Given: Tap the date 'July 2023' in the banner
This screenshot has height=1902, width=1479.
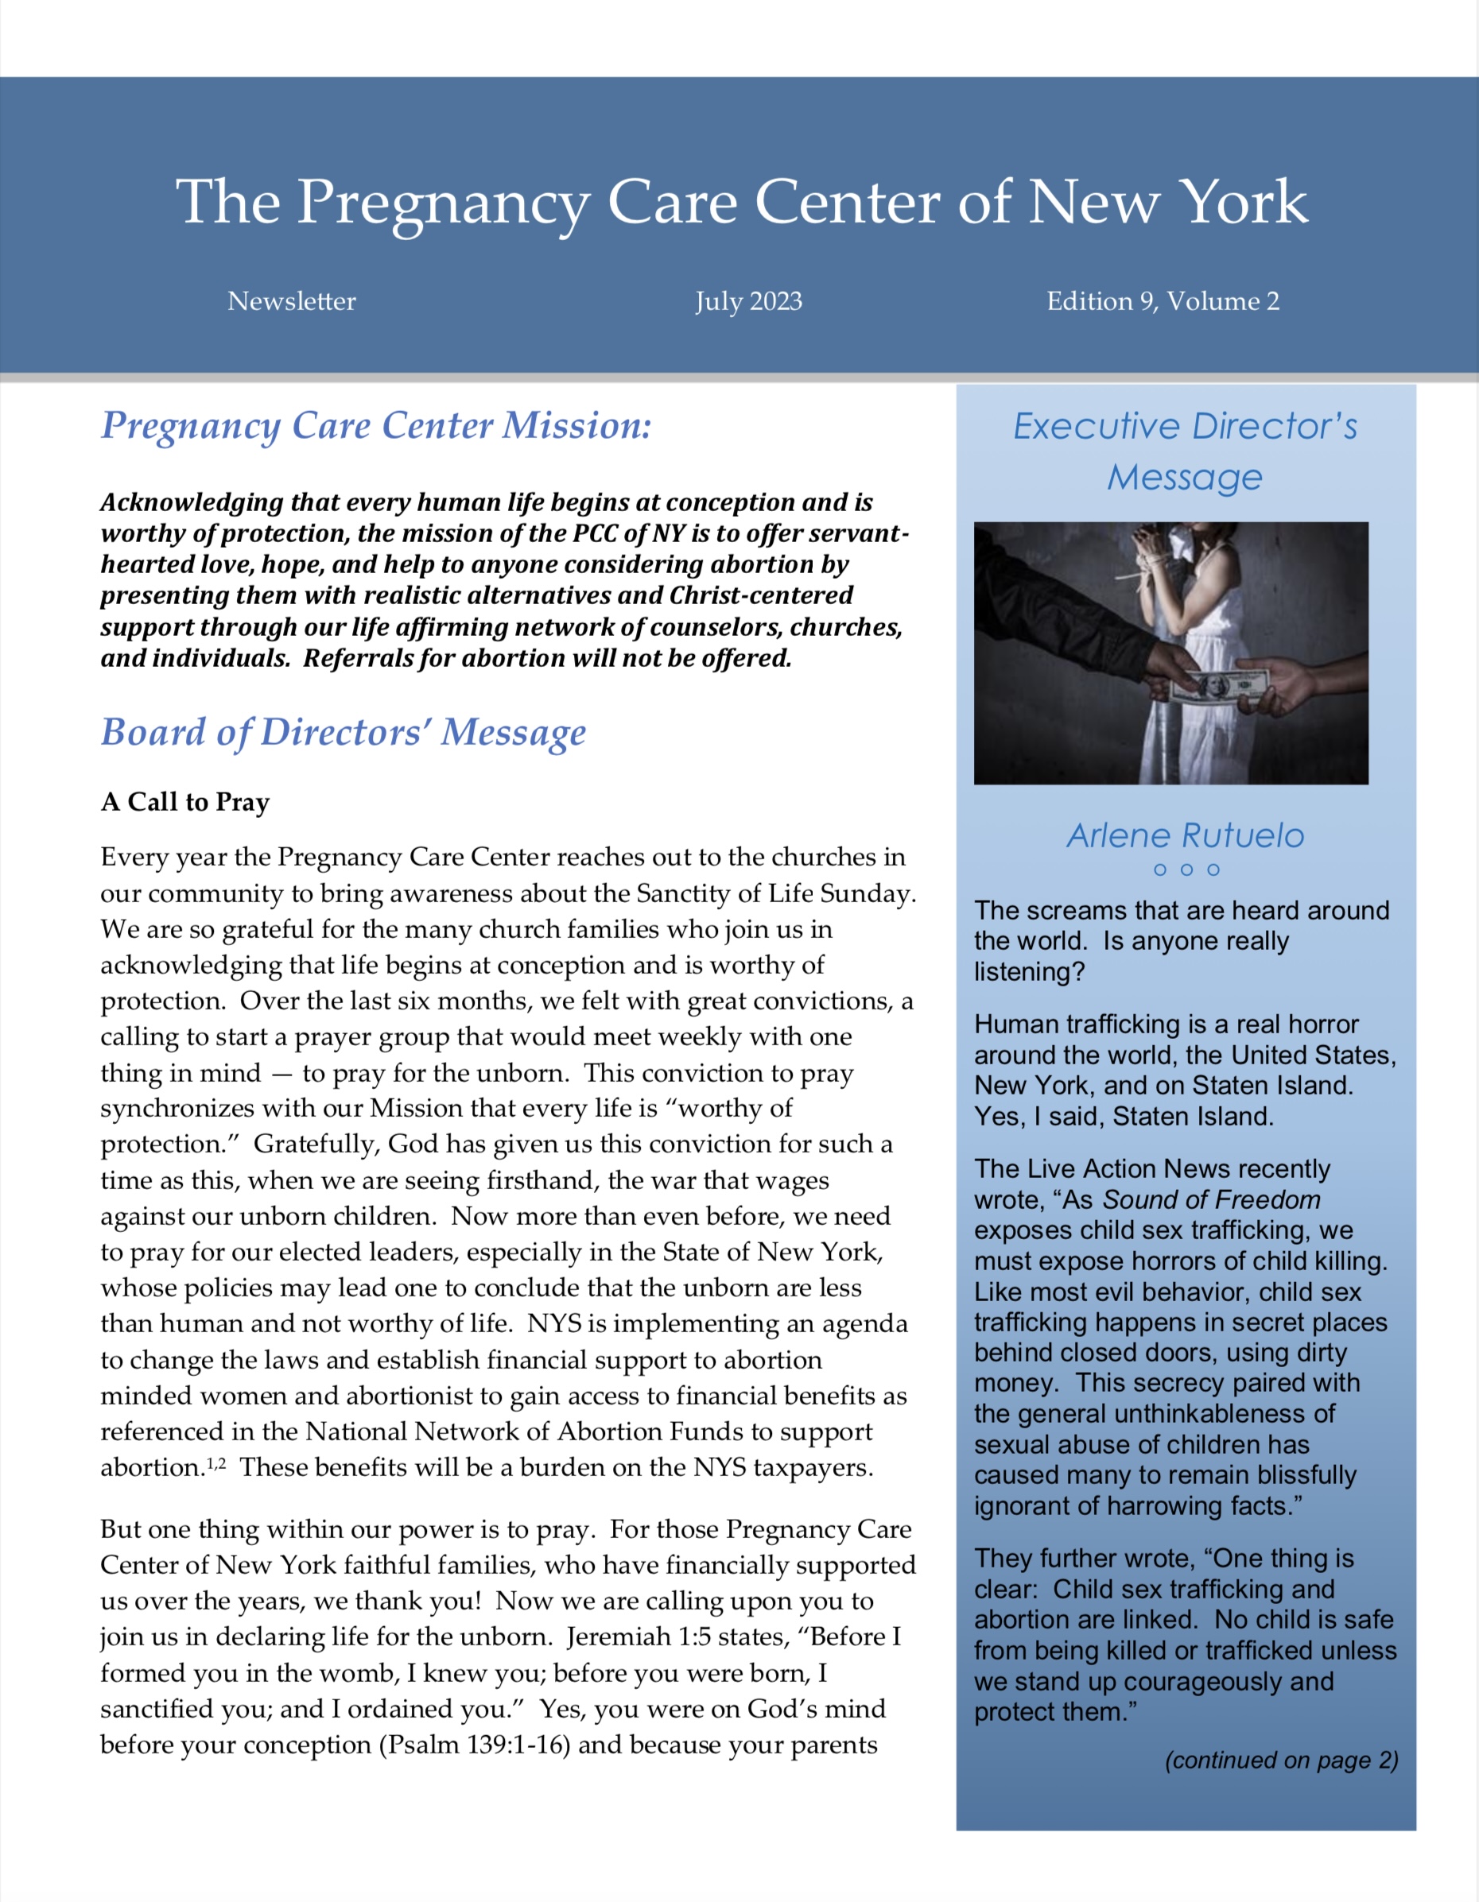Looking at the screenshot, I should pos(748,301).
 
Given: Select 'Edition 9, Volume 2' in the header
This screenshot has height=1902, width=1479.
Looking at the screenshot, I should pos(1163,301).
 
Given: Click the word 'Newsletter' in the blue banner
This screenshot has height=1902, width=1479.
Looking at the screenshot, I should pos(292,301).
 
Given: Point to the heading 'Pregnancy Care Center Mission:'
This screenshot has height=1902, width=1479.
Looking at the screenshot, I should pos(375,426).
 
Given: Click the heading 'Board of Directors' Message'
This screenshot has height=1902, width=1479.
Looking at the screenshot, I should pos(344,732).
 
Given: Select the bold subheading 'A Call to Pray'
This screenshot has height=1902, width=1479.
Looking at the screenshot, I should pos(184,801).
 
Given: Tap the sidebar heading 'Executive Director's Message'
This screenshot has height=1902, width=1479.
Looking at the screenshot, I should pos(1185,451).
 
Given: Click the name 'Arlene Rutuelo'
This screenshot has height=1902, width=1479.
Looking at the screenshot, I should pos(1186,835).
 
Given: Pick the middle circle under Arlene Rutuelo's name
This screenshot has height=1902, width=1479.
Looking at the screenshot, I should pos(1186,870).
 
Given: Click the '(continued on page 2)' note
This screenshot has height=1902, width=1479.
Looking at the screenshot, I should pos(1281,1760).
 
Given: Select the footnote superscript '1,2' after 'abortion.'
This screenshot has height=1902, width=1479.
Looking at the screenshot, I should pos(216,1464).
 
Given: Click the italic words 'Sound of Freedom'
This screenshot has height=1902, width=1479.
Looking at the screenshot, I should pos(1212,1199).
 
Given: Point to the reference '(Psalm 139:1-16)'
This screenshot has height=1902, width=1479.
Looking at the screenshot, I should pos(474,1745).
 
